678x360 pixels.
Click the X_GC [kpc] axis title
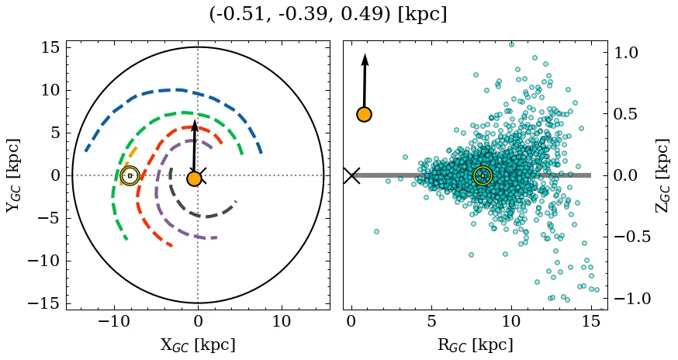pyautogui.click(x=198, y=344)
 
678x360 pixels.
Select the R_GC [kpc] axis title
pyautogui.click(x=475, y=344)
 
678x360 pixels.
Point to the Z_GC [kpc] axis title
pyautogui.click(x=662, y=175)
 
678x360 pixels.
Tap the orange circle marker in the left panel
pyautogui.click(x=194, y=178)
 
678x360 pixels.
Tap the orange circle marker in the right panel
pyautogui.click(x=364, y=115)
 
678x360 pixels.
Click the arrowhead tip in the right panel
pyautogui.click(x=365, y=54)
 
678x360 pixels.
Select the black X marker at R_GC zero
pyautogui.click(x=351, y=175)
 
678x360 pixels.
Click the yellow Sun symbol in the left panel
pyautogui.click(x=130, y=175)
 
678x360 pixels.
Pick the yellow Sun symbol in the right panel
pyautogui.click(x=483, y=175)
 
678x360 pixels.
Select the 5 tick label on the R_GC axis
pyautogui.click(x=431, y=320)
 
